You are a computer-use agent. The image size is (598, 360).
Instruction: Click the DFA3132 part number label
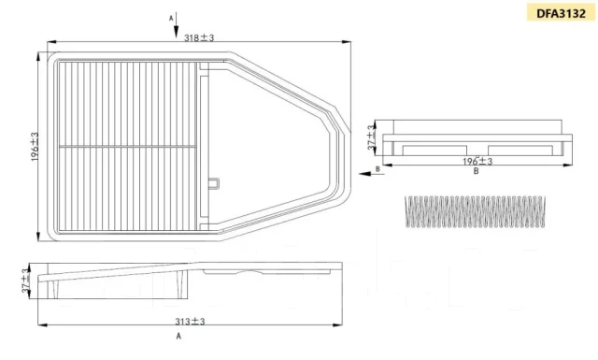click(x=561, y=13)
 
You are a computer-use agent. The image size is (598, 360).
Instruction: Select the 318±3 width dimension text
click(x=199, y=37)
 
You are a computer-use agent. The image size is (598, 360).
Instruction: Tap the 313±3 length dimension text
click(x=190, y=322)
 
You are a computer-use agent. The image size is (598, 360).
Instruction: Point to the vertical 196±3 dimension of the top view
click(x=35, y=147)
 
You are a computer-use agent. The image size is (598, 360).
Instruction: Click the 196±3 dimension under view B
click(x=477, y=161)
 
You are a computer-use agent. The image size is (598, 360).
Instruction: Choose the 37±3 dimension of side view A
click(x=25, y=281)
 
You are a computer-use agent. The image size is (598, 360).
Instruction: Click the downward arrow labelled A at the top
click(x=177, y=25)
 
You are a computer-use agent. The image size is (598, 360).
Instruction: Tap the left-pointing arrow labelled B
click(x=372, y=174)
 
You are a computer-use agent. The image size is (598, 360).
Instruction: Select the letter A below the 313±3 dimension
click(x=178, y=336)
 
